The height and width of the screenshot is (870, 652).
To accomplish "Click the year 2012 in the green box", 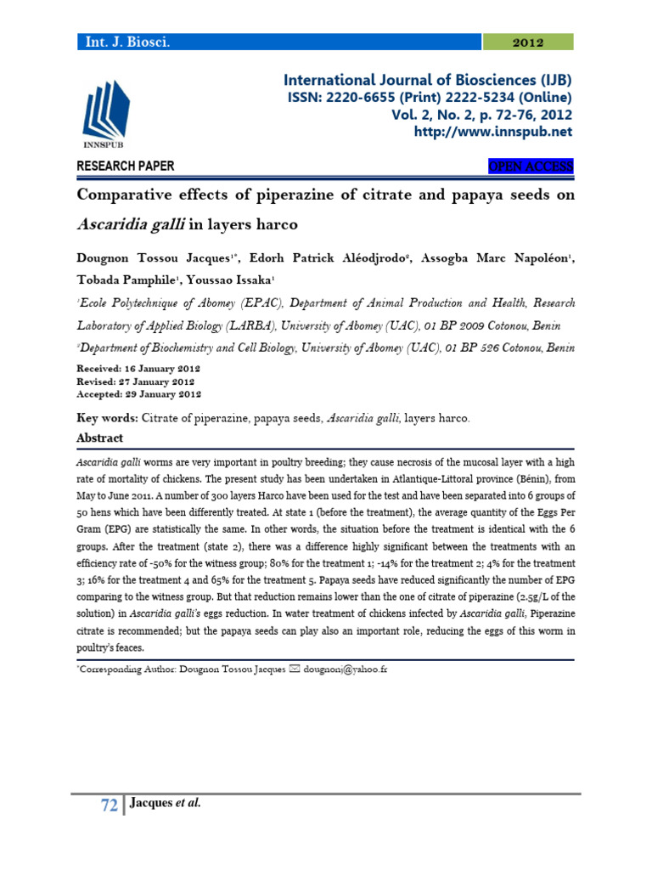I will pyautogui.click(x=528, y=42).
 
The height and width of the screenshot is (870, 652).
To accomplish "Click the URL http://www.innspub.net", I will pyautogui.click(x=492, y=132).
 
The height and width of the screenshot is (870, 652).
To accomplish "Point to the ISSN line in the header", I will pyautogui.click(x=430, y=98).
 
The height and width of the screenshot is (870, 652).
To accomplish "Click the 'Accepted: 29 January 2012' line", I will pyautogui.click(x=139, y=395).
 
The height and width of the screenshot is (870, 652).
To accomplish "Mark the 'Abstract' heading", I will pyautogui.click(x=99, y=438).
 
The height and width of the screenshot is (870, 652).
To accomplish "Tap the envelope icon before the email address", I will pyautogui.click(x=294, y=669).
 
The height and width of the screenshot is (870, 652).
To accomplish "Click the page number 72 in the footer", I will pyautogui.click(x=109, y=806).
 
